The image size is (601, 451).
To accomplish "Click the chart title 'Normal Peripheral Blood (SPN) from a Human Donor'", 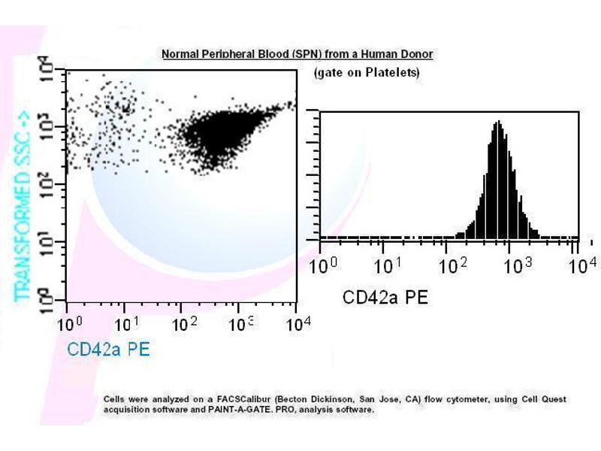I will click(297, 54).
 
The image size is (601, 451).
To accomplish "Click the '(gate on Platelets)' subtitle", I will click(366, 73).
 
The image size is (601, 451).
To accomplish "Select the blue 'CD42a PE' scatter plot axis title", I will click(108, 349).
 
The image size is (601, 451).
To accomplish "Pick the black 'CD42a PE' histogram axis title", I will click(385, 297).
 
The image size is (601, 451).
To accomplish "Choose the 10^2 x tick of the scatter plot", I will click(184, 324).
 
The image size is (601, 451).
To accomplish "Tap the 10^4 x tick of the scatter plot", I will click(298, 324).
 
